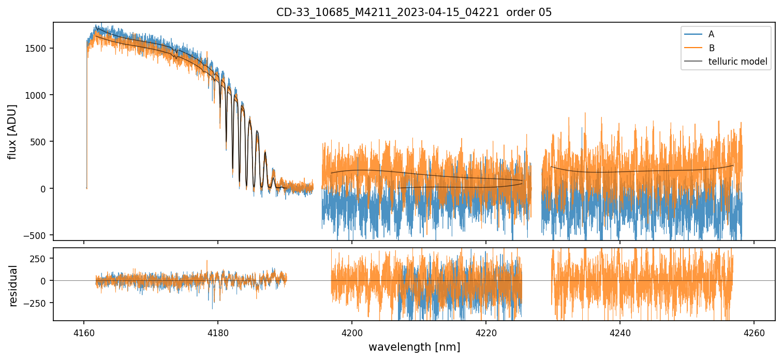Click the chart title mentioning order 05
[414, 12]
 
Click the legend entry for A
[711, 34]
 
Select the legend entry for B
[712, 48]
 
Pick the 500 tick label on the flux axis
[41, 142]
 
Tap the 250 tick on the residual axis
[41, 258]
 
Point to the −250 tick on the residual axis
[38, 303]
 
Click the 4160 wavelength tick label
[84, 331]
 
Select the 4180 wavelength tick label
[218, 331]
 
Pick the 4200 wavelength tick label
[352, 331]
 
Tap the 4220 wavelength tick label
[486, 331]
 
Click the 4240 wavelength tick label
[620, 331]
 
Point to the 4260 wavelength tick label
[754, 331]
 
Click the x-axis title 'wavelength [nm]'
[414, 347]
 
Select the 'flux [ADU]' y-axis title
[12, 131]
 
